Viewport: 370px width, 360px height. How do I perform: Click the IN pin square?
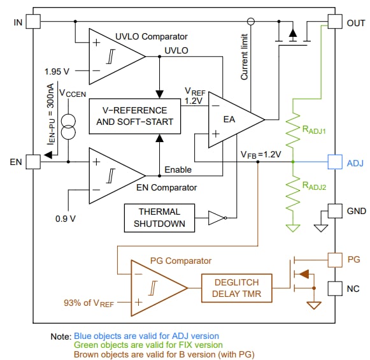32,22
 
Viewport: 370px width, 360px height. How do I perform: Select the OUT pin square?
334,22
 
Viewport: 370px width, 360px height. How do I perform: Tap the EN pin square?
32,162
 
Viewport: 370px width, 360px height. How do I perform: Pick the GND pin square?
334,210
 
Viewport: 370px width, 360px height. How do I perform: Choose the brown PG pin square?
334,259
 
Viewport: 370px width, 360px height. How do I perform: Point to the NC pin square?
334,289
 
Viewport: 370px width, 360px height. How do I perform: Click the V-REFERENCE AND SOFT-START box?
134,116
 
